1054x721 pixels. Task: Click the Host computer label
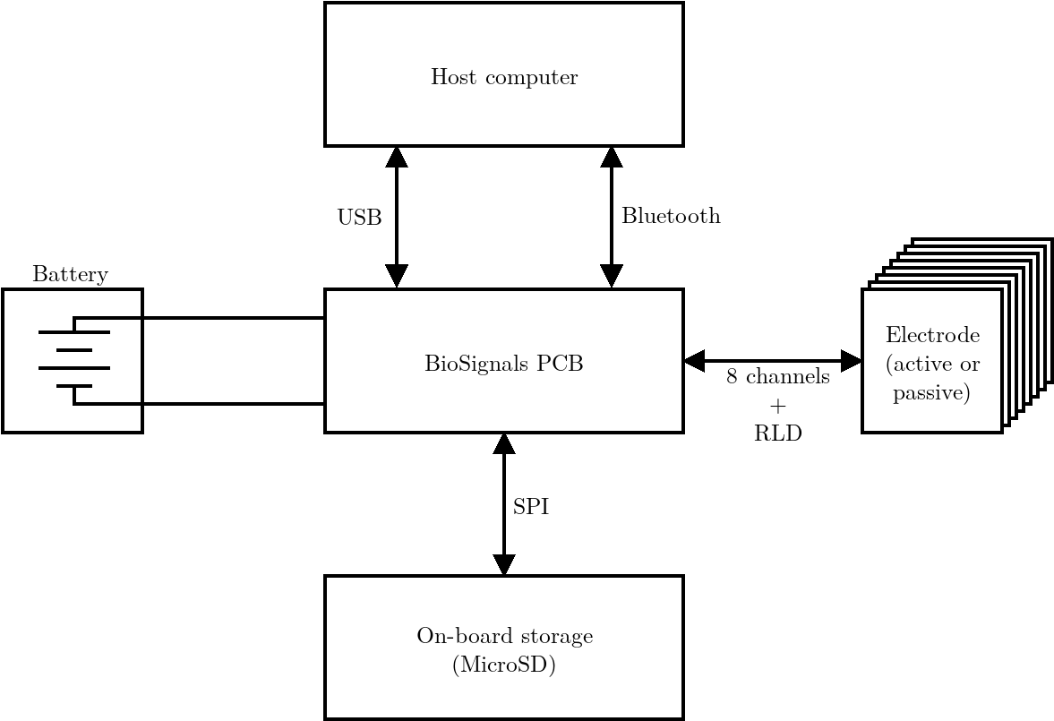click(504, 77)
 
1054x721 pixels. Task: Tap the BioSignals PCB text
click(504, 365)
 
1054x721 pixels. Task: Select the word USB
click(359, 218)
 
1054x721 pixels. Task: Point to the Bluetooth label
click(671, 216)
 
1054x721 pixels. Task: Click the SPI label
click(530, 507)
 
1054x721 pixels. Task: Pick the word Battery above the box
click(70, 274)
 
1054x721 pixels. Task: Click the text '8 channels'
click(777, 377)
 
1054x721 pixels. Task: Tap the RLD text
click(777, 434)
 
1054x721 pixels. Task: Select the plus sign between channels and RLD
click(777, 406)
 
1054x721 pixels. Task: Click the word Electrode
click(932, 336)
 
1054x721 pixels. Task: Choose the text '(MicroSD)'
click(504, 665)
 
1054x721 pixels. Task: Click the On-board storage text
click(504, 637)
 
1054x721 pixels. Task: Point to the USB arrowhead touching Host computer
click(397, 157)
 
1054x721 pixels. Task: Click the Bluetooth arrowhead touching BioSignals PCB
click(612, 277)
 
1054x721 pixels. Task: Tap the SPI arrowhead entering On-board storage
click(504, 565)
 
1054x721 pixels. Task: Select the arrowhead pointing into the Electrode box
click(851, 361)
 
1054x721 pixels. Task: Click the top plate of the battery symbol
click(74, 332)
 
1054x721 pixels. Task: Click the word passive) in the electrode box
click(932, 393)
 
